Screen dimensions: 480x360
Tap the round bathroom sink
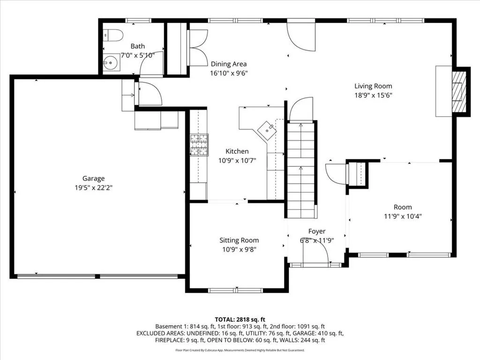111,63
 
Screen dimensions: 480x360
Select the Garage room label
93,179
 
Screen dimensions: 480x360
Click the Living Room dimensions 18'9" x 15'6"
373,95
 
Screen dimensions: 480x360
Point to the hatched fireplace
459,91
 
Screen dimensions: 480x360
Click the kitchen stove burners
199,145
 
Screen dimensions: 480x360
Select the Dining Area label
229,64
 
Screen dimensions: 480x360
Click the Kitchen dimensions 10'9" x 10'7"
237,160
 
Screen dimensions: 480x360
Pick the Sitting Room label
239,240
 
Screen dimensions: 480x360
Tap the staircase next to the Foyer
301,170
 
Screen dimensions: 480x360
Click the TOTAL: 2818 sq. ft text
240,320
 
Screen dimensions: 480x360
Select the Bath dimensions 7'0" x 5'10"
138,55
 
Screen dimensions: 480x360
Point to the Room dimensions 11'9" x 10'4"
403,217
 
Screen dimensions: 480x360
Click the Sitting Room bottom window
235,290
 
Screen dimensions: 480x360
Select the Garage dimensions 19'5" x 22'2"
94,187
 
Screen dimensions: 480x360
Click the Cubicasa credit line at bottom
240,350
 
